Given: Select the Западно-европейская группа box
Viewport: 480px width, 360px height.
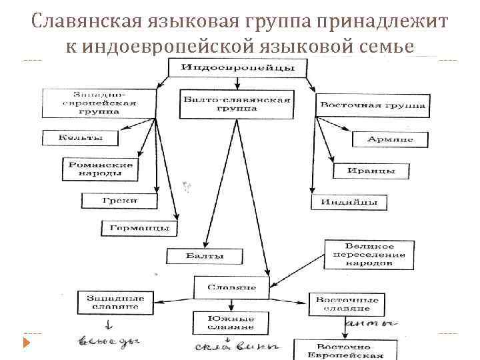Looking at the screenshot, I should [99, 103].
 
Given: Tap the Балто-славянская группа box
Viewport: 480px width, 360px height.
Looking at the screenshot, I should [237, 105].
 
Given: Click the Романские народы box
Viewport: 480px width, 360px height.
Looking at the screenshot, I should [100, 169].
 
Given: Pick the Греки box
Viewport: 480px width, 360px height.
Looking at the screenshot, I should [120, 200].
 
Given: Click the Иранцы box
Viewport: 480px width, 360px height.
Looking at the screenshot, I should [371, 171].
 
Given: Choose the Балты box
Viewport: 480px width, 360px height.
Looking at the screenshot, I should [205, 255].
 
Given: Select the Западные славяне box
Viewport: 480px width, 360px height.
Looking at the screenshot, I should [111, 302].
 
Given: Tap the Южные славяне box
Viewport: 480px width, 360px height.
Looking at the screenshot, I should [231, 321].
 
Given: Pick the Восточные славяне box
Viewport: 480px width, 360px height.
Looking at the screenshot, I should [347, 304].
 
